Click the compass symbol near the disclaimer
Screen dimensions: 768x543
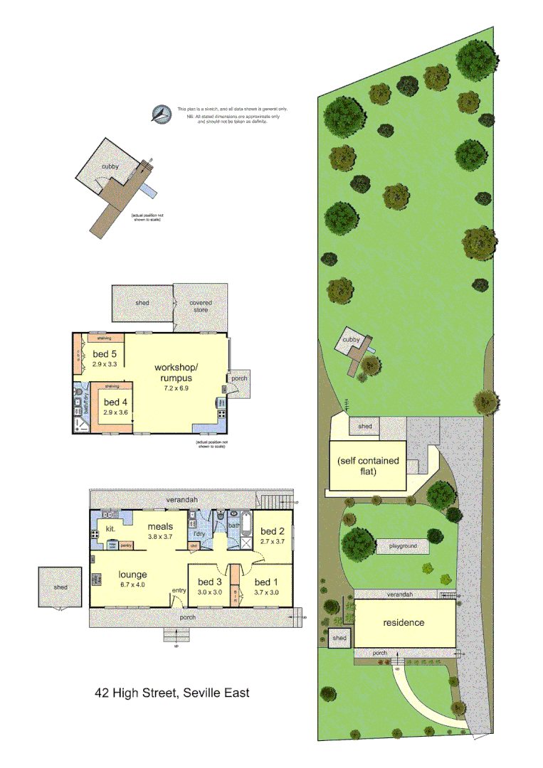coord(162,114)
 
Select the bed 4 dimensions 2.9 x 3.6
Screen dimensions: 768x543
coord(115,412)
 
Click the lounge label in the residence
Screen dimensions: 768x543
coord(132,574)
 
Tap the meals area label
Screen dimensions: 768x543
coord(161,526)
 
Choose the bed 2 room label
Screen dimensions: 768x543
coord(273,531)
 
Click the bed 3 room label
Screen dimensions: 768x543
coord(209,581)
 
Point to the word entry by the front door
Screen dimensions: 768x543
coord(178,590)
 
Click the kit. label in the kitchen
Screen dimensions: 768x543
coord(110,530)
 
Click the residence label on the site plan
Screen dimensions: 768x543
coord(404,622)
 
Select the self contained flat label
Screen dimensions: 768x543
coord(368,466)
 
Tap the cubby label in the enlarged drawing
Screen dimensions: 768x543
coord(109,166)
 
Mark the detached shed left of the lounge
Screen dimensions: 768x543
coord(60,587)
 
